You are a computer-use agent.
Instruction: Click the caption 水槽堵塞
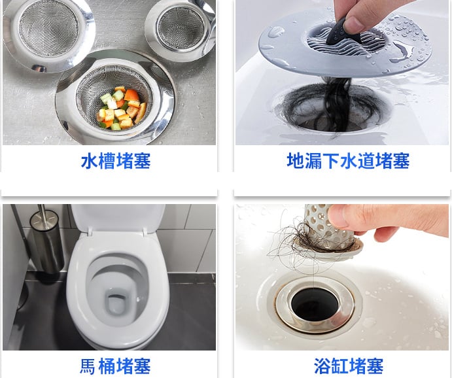click(116, 161)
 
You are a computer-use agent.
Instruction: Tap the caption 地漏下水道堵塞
click(348, 161)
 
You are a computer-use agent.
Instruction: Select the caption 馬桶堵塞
click(115, 366)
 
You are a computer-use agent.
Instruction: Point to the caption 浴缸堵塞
click(349, 366)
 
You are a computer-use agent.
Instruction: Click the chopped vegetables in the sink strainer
click(122, 109)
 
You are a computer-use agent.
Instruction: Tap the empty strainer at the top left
click(49, 32)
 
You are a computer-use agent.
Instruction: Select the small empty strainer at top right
click(181, 28)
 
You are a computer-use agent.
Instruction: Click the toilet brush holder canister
click(46, 241)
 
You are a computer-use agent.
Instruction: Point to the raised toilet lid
click(118, 219)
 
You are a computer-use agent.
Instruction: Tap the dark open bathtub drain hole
click(315, 305)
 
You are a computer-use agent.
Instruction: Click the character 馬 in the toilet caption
click(88, 366)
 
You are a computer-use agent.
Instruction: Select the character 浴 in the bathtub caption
click(322, 366)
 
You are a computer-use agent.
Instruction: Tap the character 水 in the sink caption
click(90, 161)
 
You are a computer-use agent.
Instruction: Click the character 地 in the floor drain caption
click(295, 161)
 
